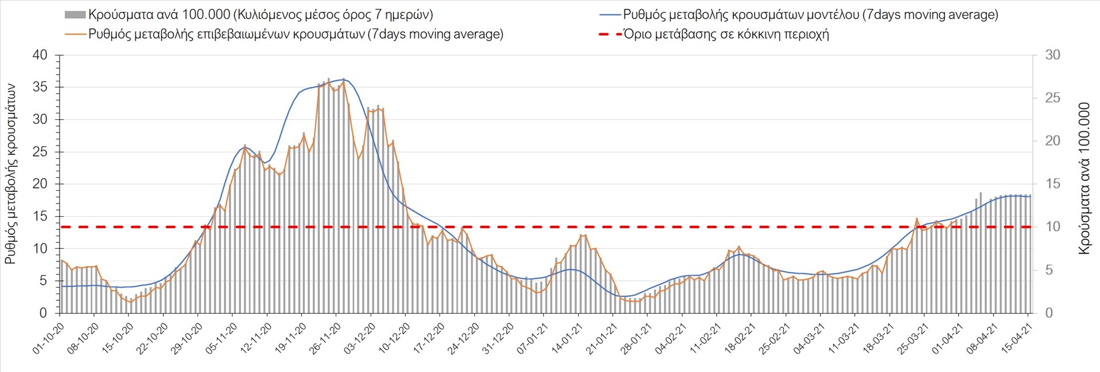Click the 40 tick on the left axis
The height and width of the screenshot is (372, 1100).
coord(40,56)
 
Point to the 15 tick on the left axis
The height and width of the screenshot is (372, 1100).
coord(40,216)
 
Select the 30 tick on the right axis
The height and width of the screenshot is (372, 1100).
coord(1052,56)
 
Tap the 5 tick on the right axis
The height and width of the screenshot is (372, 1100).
coord(1049,270)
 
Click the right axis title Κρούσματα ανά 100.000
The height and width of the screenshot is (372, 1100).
coord(1084,178)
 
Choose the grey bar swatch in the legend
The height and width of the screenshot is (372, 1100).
coord(75,15)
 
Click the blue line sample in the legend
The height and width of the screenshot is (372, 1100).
coord(610,15)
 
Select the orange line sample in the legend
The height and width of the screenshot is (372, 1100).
coord(76,34)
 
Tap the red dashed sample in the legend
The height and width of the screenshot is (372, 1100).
coord(610,34)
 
